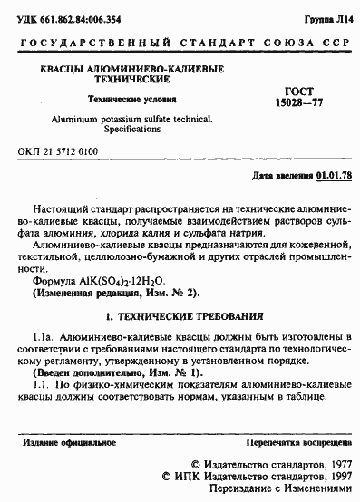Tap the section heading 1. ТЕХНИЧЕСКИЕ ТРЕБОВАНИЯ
pyautogui.click(x=186, y=317)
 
